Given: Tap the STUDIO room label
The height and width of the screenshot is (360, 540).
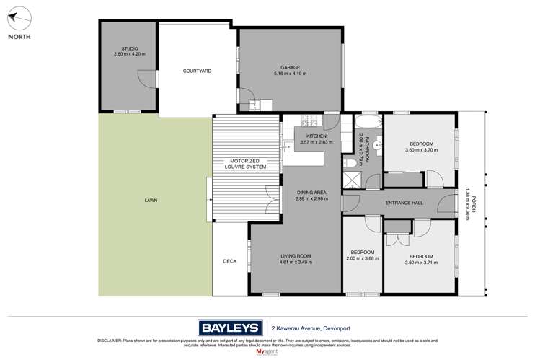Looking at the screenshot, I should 125,48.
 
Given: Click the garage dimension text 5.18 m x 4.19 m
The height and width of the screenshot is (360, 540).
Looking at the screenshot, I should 290,74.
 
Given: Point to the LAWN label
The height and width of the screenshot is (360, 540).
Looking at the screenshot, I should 150,200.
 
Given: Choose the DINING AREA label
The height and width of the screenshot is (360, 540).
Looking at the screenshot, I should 311,192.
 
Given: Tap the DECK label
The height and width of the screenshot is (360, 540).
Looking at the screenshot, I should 229,261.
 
